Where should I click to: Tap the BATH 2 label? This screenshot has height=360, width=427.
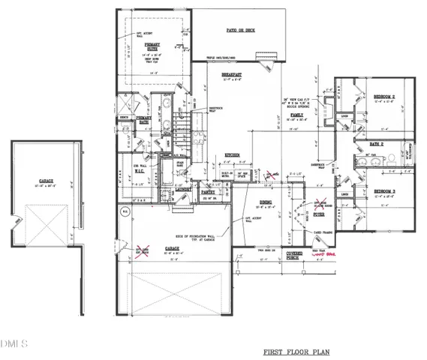point(375,144)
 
